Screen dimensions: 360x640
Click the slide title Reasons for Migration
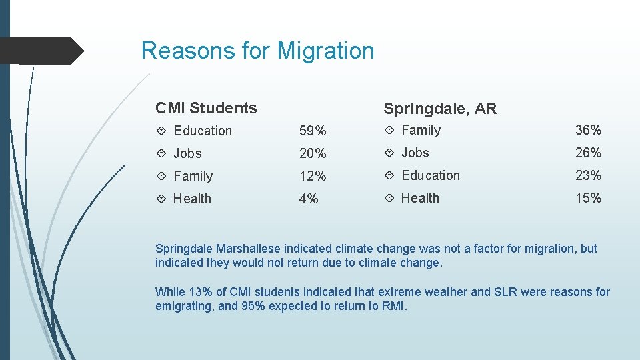click(257, 51)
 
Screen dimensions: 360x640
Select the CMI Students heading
click(206, 108)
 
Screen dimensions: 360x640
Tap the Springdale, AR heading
click(440, 109)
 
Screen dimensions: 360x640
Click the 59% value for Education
click(313, 131)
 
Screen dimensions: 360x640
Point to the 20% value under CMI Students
click(313, 154)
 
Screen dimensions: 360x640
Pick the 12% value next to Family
click(313, 177)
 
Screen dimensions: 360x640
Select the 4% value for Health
click(309, 199)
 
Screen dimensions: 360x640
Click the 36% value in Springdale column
click(589, 130)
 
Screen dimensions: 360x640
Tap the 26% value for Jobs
click(589, 153)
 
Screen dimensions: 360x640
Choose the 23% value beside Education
click(589, 175)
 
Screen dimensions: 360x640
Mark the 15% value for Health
click(589, 198)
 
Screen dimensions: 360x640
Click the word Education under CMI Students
click(203, 131)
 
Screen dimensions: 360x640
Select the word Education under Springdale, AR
click(431, 175)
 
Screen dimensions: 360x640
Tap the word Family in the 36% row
click(421, 130)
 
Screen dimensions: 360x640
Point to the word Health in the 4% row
click(192, 199)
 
